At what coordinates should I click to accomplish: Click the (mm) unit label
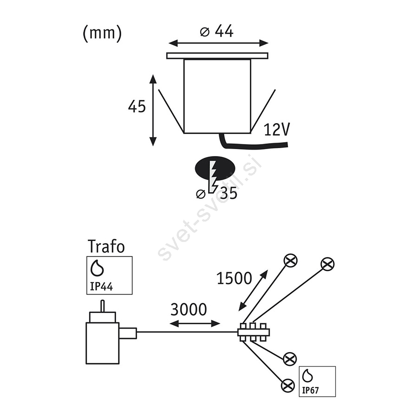click(102, 33)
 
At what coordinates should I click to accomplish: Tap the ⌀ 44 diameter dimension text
click(216, 31)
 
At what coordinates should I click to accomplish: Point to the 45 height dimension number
click(137, 106)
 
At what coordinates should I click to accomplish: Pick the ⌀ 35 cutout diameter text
click(216, 193)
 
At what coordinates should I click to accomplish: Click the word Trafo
click(106, 246)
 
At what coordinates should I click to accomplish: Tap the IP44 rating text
click(102, 286)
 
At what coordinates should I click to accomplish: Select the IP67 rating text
click(310, 390)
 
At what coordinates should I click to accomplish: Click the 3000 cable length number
click(189, 309)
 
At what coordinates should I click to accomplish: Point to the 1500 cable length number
click(234, 278)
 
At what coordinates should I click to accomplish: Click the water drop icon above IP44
click(97, 268)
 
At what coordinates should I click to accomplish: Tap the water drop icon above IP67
click(307, 376)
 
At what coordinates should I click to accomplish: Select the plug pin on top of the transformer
click(102, 306)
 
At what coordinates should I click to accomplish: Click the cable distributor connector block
click(254, 332)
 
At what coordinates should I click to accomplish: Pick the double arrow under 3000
click(195, 324)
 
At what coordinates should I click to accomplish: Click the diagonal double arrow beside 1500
click(253, 290)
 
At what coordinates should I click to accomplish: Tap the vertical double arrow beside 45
click(153, 111)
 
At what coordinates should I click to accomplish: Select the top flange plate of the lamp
click(217, 55)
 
